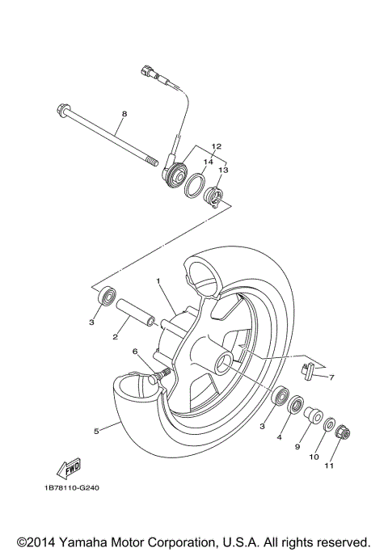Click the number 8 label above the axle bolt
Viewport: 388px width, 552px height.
point(123,114)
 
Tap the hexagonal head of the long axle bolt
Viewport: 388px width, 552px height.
point(62,108)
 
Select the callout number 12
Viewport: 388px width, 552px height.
point(193,147)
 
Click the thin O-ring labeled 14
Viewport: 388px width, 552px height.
point(193,187)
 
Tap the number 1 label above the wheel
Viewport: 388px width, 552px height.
point(158,281)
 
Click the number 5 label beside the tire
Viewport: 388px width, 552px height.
point(96,432)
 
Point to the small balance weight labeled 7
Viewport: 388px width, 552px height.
point(305,369)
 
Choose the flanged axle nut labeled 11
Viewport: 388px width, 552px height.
point(340,434)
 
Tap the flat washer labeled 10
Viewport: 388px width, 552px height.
point(329,424)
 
